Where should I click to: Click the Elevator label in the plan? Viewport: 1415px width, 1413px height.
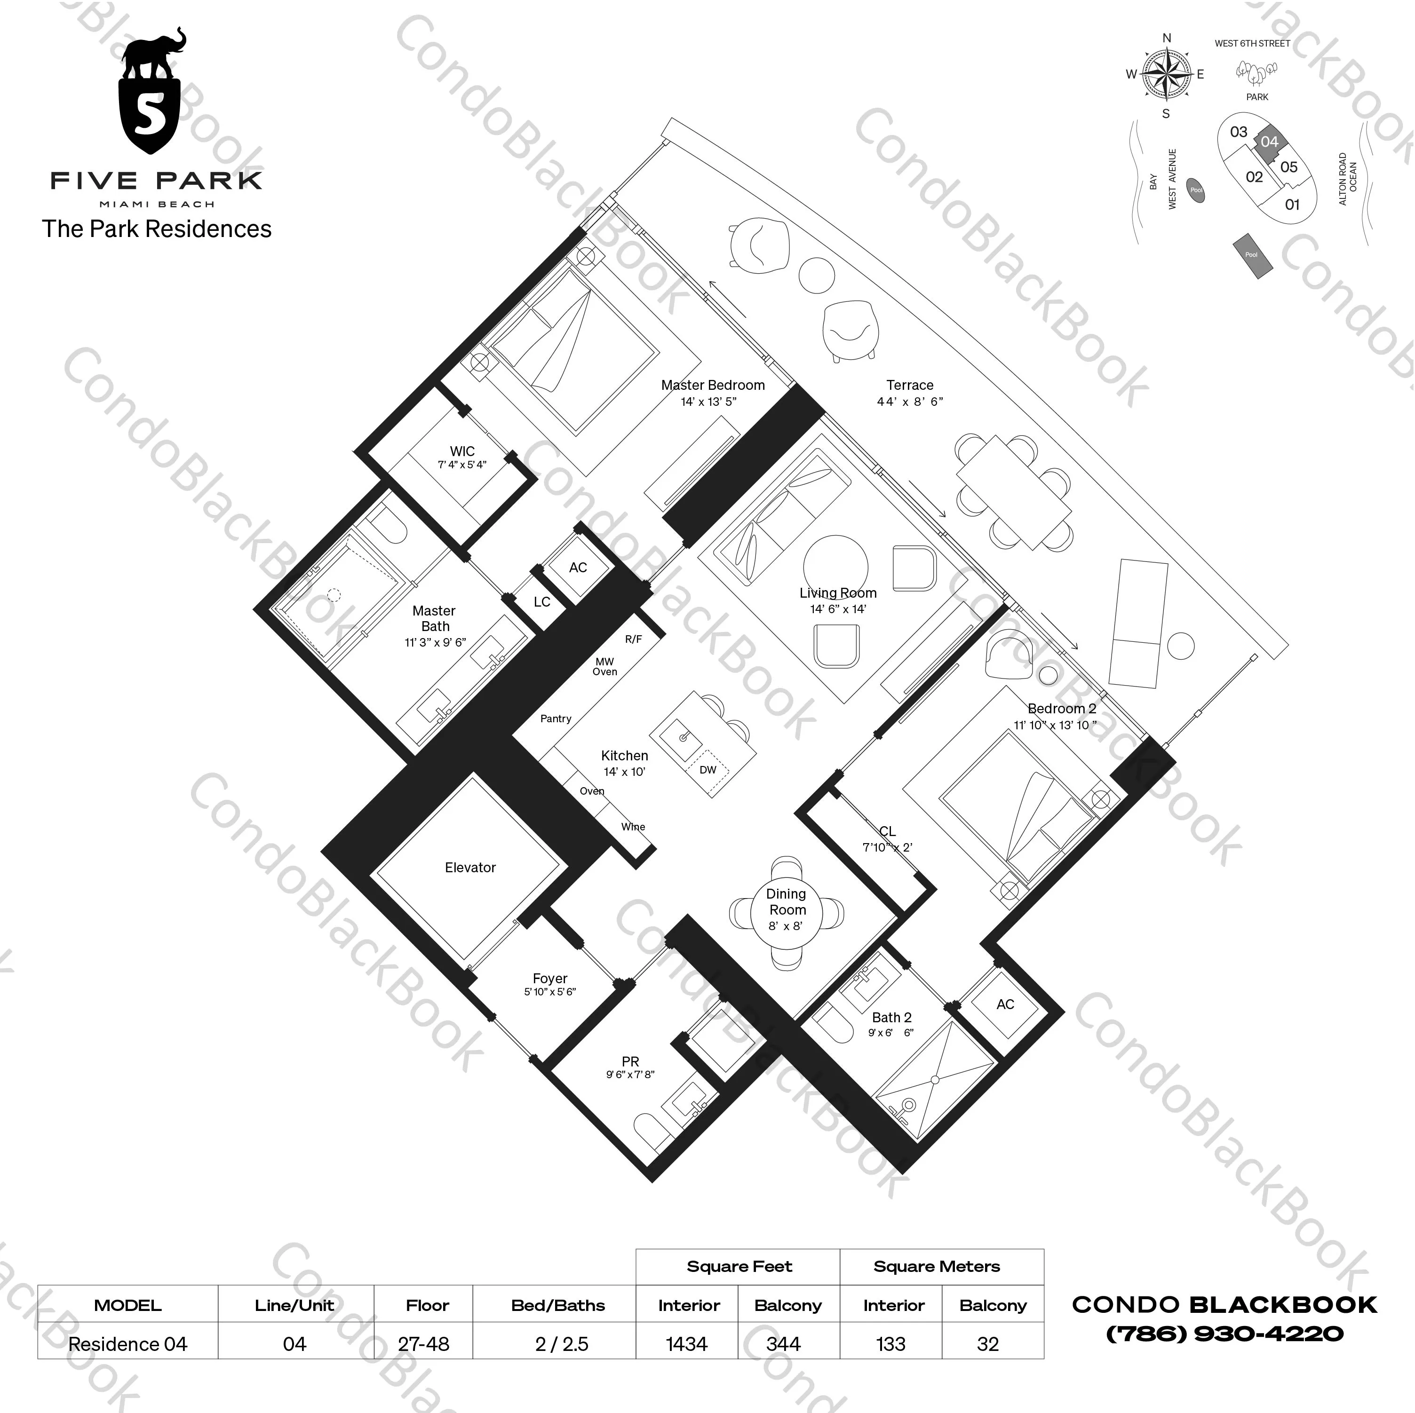[x=470, y=868]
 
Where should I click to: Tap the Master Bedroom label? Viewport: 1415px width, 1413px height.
[x=713, y=385]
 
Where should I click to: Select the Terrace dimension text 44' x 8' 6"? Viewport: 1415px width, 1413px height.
[x=910, y=401]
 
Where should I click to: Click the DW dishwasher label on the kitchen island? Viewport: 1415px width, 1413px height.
[x=707, y=770]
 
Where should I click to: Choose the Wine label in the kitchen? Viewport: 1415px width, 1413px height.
[x=633, y=827]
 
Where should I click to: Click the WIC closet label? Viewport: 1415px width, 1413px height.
[x=462, y=452]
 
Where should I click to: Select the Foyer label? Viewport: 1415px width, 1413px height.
[x=550, y=979]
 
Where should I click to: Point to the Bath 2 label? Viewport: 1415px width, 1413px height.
[x=891, y=1018]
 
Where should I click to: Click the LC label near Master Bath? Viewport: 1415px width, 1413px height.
[x=542, y=602]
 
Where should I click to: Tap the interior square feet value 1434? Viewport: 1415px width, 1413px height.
[x=687, y=1344]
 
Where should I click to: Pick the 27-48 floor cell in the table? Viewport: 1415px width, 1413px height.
[x=423, y=1344]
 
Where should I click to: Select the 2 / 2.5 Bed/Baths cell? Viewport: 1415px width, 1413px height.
[x=562, y=1344]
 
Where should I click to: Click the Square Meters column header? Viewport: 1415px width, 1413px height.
[x=936, y=1267]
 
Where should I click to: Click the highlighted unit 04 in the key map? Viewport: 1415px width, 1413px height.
[x=1269, y=142]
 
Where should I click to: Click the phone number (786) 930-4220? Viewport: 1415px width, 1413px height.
[x=1224, y=1334]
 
